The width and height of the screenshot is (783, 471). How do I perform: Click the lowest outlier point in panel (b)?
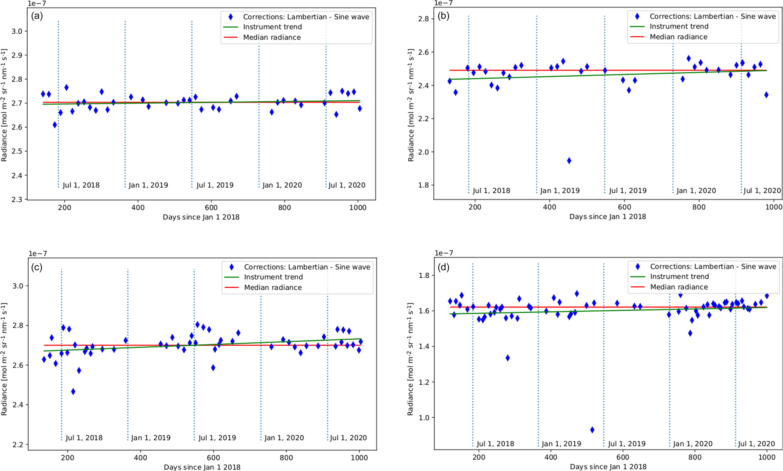[x=569, y=161]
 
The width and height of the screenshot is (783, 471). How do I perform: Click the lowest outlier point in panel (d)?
[x=592, y=430]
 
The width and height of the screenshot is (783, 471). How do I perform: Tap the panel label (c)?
[x=37, y=267]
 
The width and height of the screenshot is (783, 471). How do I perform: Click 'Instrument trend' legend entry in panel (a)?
[x=272, y=27]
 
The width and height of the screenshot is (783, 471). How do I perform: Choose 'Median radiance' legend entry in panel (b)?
[x=678, y=37]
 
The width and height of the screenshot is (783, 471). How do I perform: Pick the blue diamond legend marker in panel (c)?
[x=232, y=267]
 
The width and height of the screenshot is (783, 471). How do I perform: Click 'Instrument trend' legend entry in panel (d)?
[x=679, y=277]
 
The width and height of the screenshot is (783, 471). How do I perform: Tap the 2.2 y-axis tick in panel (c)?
[x=18, y=444]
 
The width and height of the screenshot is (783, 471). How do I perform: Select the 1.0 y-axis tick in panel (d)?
[x=424, y=418]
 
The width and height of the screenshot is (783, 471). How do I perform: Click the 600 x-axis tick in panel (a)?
[x=211, y=208]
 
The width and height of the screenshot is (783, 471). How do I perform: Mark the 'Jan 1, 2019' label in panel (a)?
[x=148, y=185]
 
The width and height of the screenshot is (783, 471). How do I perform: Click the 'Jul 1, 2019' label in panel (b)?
[x=628, y=191]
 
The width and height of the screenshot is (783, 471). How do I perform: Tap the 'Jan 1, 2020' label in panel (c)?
[x=284, y=438]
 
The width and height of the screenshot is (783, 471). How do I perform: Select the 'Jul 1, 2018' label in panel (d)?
[x=495, y=444]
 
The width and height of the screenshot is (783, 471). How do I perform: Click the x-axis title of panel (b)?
[x=607, y=217]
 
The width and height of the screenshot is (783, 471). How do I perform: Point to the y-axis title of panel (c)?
[x=4, y=359]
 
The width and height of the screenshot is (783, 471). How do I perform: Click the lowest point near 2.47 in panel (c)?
[x=73, y=392]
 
